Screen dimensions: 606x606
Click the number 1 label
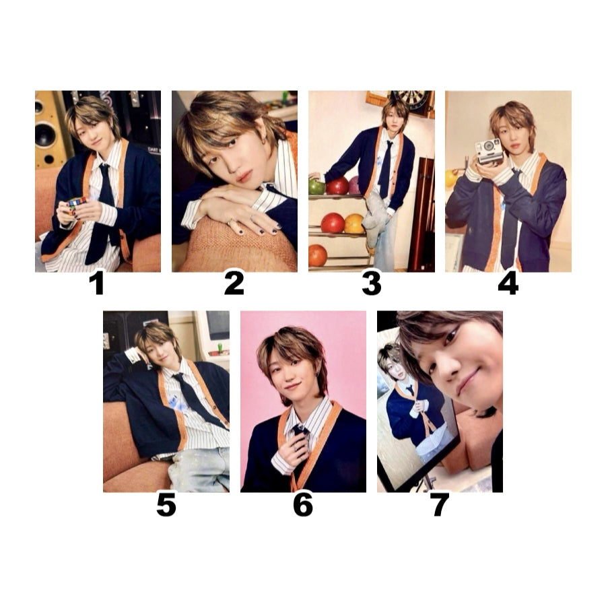pyautogui.click(x=97, y=283)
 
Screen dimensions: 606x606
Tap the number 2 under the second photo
pyautogui.click(x=234, y=283)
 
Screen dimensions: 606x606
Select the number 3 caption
pyautogui.click(x=371, y=283)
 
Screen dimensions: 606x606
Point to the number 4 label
pyautogui.click(x=508, y=283)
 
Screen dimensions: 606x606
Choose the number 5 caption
pyautogui.click(x=166, y=505)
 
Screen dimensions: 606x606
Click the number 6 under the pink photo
pyautogui.click(x=302, y=505)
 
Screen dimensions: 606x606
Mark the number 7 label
pyautogui.click(x=440, y=505)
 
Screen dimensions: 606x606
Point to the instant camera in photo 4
pyautogui.click(x=490, y=150)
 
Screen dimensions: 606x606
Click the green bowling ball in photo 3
pyautogui.click(x=317, y=186)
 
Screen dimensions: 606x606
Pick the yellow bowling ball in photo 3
pyautogui.click(x=354, y=223)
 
